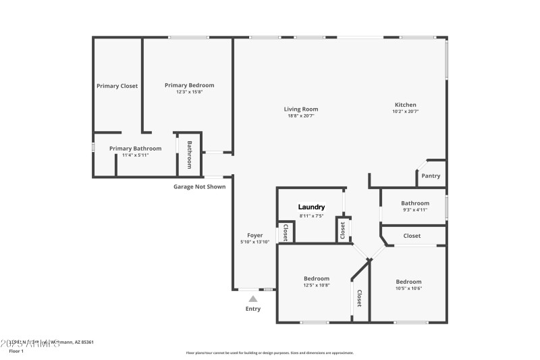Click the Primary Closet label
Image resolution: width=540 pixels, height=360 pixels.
[117, 86]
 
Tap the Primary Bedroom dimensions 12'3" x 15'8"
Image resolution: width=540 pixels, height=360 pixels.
[189, 92]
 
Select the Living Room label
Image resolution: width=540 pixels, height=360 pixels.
[300, 109]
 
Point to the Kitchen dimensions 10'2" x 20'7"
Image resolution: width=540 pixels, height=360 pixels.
[406, 111]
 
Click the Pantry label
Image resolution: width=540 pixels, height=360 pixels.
[431, 176]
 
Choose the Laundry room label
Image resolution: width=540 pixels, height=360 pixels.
[312, 207]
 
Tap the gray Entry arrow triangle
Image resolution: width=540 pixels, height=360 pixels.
[252, 298]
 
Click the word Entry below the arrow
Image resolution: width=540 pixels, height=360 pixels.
[252, 309]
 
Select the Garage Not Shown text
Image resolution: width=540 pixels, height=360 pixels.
[199, 186]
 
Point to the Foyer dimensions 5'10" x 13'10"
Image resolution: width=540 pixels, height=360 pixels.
[254, 241]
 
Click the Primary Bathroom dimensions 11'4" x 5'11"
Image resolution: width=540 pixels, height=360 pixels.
[135, 155]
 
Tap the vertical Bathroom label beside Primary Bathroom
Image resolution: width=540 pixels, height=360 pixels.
[190, 155]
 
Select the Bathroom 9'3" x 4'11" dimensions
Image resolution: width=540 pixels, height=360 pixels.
[414, 210]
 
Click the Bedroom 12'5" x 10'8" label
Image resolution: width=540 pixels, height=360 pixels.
[316, 278]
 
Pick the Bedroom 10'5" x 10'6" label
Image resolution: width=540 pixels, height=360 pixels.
[408, 282]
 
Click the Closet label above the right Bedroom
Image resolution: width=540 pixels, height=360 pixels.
[412, 236]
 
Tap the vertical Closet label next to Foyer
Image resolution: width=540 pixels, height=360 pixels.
[286, 233]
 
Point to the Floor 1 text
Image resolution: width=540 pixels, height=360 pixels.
[16, 351]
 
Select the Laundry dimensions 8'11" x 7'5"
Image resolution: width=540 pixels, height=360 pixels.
[312, 215]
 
